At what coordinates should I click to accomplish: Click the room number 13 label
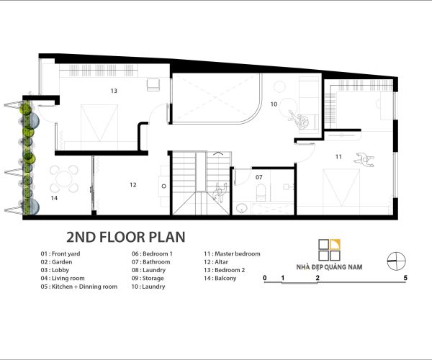[x=114, y=91]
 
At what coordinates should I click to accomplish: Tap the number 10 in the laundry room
[x=274, y=104]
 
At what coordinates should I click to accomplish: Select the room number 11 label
[x=338, y=157]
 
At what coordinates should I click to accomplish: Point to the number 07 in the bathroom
[x=258, y=177]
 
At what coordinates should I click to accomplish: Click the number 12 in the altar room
[x=133, y=185]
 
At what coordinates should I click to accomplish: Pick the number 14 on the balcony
[x=54, y=198]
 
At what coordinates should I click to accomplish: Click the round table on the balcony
[x=64, y=179]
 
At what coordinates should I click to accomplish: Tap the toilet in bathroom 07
[x=261, y=192]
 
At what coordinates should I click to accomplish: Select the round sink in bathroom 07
[x=242, y=207]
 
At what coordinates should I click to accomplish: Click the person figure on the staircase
[x=220, y=193]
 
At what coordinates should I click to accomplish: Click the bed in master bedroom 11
[x=342, y=187]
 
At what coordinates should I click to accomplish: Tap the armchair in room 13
[x=153, y=84]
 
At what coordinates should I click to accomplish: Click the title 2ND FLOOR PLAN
[x=126, y=237]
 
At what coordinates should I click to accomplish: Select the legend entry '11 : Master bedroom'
[x=232, y=253]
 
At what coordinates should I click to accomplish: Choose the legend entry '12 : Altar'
[x=216, y=262]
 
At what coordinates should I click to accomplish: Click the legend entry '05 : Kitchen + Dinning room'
[x=79, y=287]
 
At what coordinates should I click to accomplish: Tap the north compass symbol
[x=397, y=261]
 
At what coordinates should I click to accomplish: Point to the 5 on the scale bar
[x=405, y=278]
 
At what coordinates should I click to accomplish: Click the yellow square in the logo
[x=336, y=245]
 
